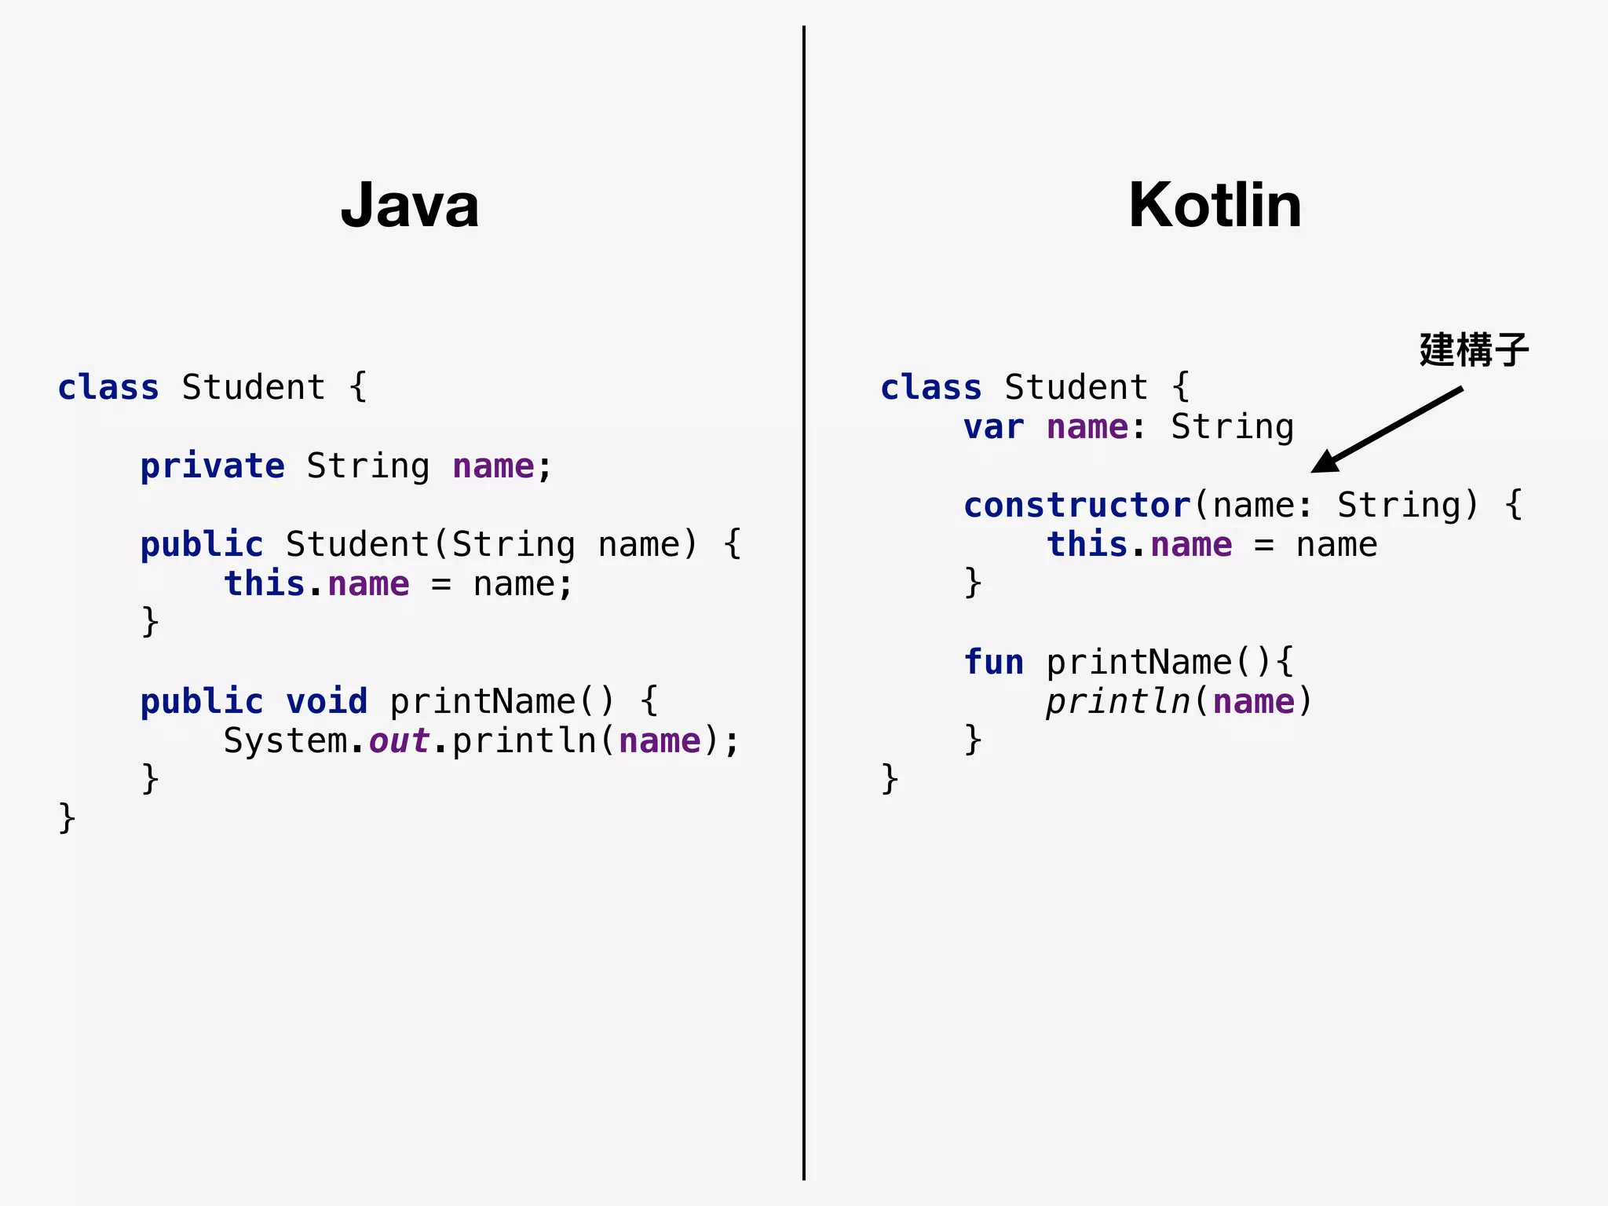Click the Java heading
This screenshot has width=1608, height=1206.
[x=410, y=205]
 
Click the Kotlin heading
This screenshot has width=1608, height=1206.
[x=1215, y=205]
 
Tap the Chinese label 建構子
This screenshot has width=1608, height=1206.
[x=1474, y=349]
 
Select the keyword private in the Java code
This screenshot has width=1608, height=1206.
[x=212, y=466]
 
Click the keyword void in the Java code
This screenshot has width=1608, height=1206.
[x=327, y=701]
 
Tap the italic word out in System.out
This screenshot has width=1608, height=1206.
[x=399, y=740]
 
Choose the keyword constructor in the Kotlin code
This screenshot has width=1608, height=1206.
[x=1077, y=505]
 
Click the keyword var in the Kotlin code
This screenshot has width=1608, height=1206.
[x=993, y=427]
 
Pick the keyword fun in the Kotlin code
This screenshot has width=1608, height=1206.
[x=993, y=662]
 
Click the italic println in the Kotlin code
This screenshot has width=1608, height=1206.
[x=1118, y=701]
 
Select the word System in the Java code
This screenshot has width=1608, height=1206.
[x=285, y=740]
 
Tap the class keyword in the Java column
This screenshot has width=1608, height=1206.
[x=108, y=388]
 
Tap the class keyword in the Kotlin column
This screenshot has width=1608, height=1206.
[x=931, y=388]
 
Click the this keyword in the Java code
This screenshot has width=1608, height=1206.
[x=264, y=584]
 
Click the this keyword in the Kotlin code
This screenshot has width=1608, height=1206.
[x=1087, y=545]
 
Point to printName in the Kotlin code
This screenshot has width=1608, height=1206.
[x=1139, y=662]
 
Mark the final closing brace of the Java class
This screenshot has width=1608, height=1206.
[x=67, y=817]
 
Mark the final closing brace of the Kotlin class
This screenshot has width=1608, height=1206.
[x=890, y=778]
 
